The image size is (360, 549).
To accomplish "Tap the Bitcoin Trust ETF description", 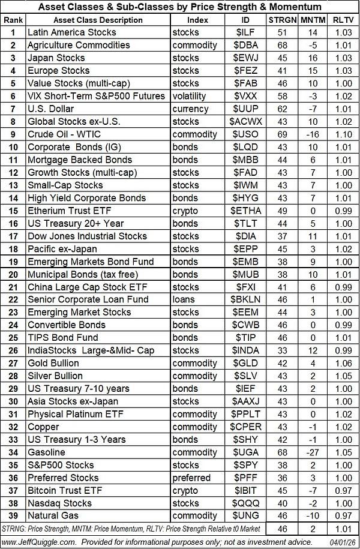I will pyautogui.click(x=64, y=491).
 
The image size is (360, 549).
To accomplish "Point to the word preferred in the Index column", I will pyautogui.click(x=191, y=478).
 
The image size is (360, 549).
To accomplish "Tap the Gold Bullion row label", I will pyautogui.click(x=53, y=363).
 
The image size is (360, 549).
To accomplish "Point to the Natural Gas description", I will pyautogui.click(x=52, y=516).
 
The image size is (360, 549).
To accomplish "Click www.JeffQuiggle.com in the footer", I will pyautogui.click(x=41, y=542).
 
